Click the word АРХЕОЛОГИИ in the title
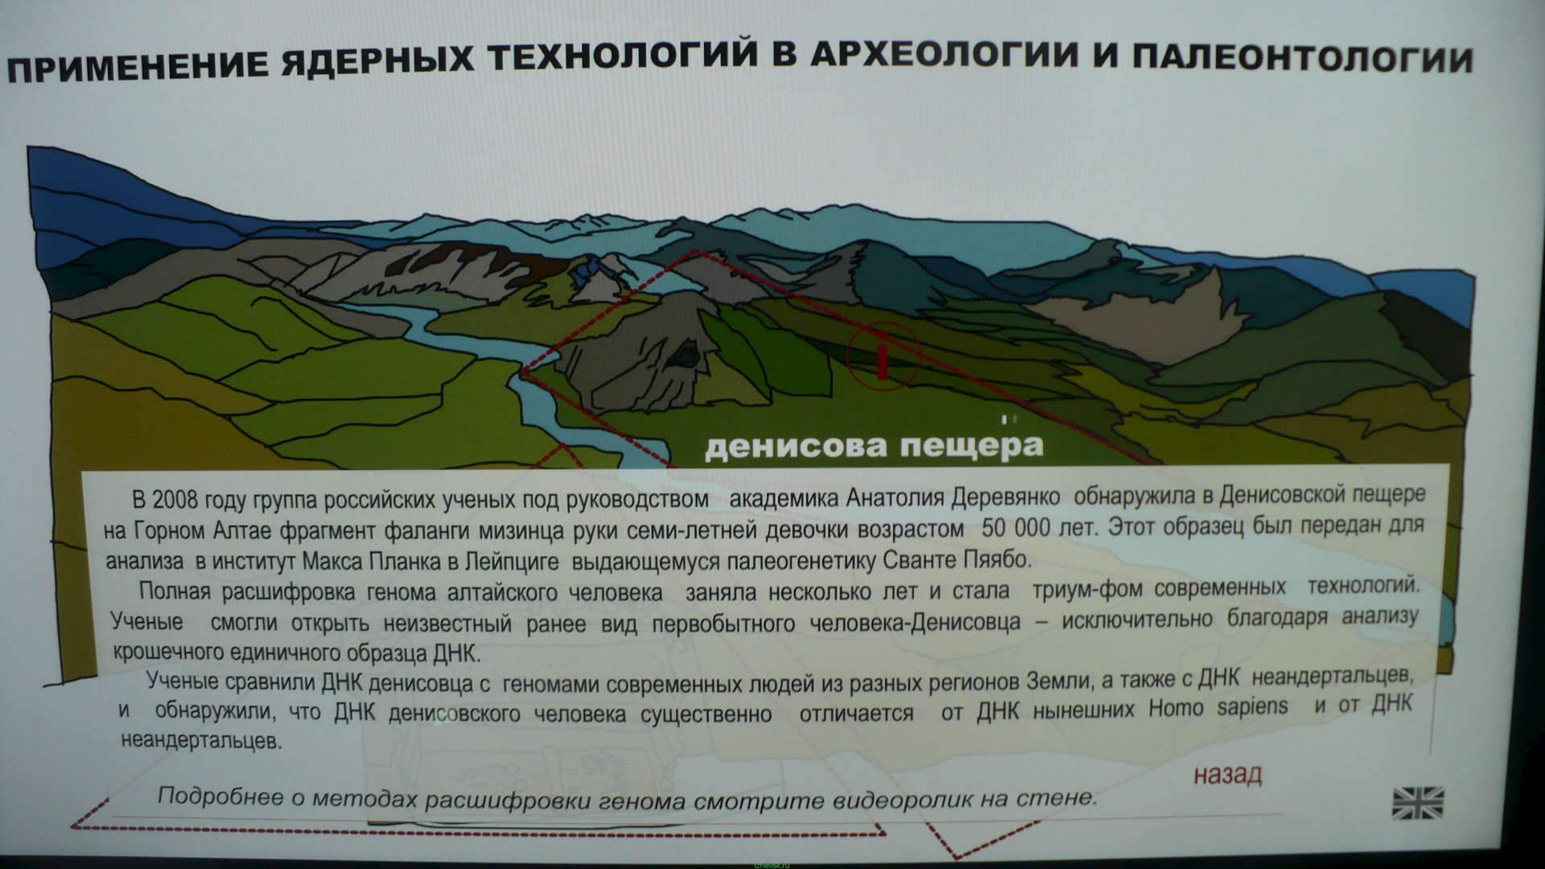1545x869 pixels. (958, 60)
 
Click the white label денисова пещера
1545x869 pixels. (874, 445)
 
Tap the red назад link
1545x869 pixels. (1227, 774)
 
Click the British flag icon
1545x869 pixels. (1417, 802)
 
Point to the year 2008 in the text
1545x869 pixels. (175, 500)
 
